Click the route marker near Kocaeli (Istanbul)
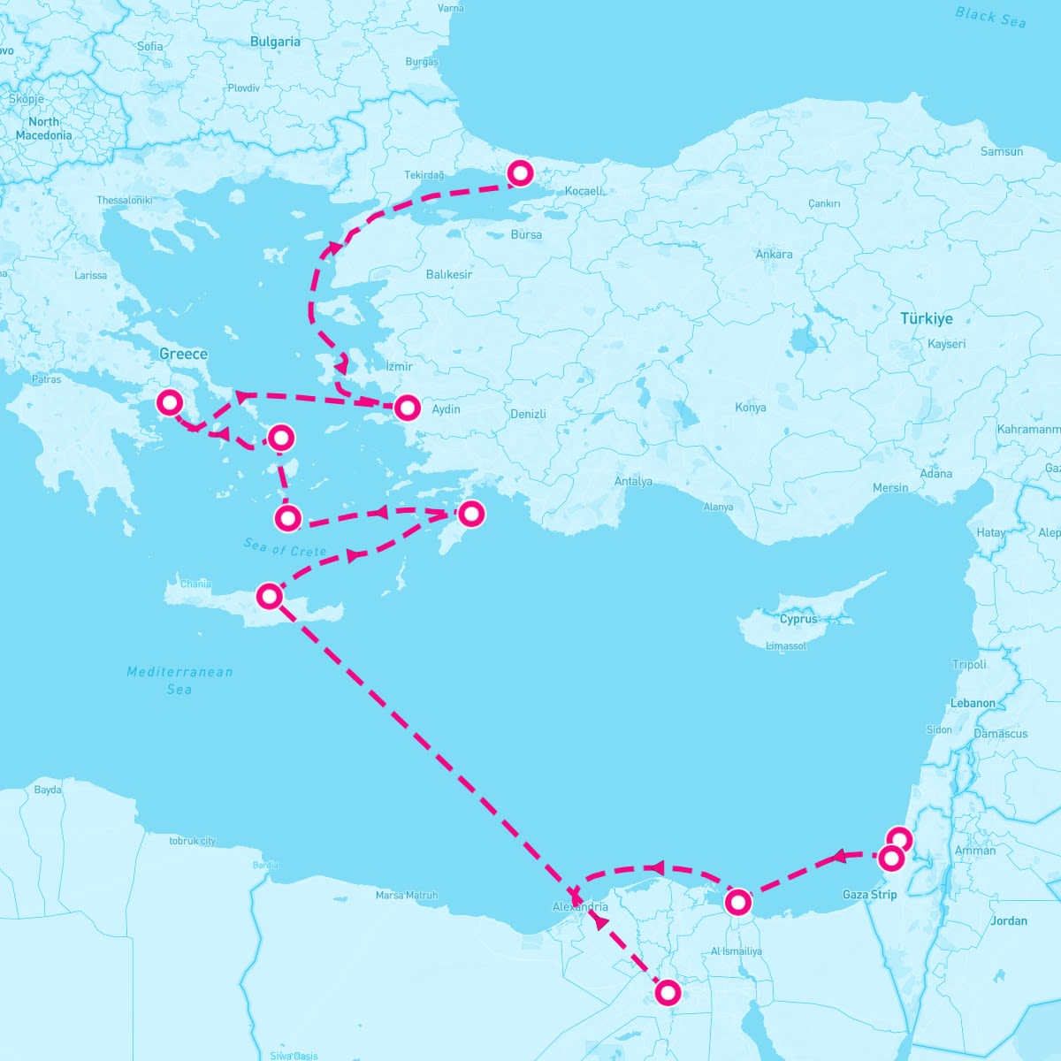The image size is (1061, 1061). tap(520, 173)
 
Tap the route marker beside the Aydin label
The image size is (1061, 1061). tap(407, 407)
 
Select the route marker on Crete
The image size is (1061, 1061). tap(269, 597)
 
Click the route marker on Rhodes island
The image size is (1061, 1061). tap(471, 514)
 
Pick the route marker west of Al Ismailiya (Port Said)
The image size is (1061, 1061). tap(737, 903)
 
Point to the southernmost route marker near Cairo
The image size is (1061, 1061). tap(668, 993)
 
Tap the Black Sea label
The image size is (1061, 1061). tap(990, 17)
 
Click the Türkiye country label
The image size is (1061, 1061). tap(927, 318)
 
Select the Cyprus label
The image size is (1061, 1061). tap(798, 619)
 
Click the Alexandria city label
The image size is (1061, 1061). tap(580, 907)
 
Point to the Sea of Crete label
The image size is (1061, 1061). tap(286, 548)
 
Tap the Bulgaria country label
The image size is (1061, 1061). tap(275, 42)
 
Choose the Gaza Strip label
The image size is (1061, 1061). tap(869, 895)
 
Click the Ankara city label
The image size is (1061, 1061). tap(774, 255)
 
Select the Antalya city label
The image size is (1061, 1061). tap(633, 482)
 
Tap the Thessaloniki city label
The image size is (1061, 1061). tap(125, 201)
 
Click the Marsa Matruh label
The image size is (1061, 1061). tap(407, 896)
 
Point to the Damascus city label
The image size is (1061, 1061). tap(1000, 734)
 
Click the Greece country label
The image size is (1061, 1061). tap(183, 354)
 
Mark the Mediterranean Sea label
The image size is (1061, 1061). tap(179, 680)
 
